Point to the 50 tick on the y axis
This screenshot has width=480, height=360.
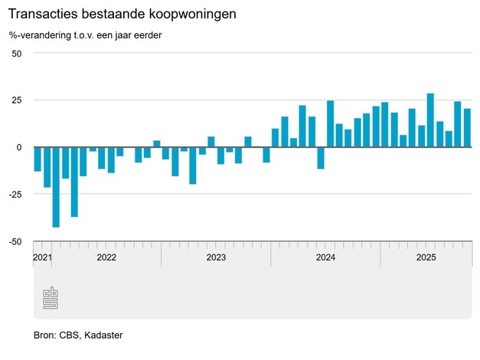(x=17, y=54)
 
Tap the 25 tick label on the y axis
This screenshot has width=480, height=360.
(x=17, y=100)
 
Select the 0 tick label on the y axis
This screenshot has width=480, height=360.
(x=20, y=147)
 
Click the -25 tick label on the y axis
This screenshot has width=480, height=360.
(x=15, y=195)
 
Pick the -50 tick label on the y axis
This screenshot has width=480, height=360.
(x=15, y=241)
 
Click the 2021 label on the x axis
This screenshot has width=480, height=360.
(x=43, y=257)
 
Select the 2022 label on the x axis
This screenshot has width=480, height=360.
(x=106, y=257)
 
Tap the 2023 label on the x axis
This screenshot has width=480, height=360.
(x=216, y=257)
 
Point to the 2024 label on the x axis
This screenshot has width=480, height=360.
(x=326, y=257)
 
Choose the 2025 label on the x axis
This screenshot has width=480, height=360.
(x=426, y=257)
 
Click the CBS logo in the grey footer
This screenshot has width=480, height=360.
(x=50, y=297)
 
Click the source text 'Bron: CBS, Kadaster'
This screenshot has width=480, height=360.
(x=78, y=335)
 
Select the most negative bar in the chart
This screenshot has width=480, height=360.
(x=56, y=187)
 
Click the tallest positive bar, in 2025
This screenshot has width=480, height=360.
(x=430, y=120)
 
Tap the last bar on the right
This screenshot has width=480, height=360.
(x=467, y=128)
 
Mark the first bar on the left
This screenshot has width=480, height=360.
(x=38, y=159)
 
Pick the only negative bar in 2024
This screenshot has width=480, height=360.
(x=321, y=158)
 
